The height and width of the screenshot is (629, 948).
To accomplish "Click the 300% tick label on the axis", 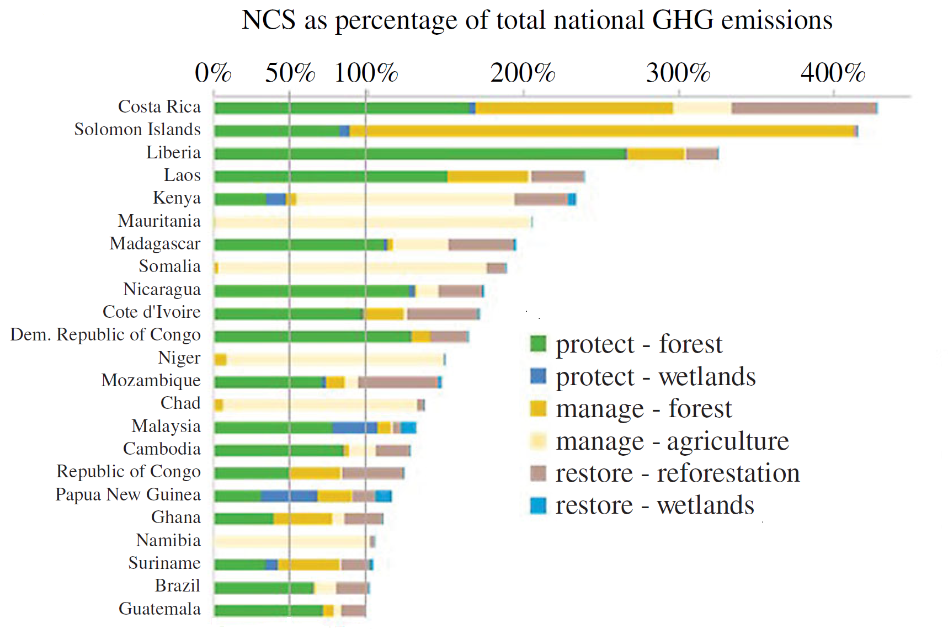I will [678, 73].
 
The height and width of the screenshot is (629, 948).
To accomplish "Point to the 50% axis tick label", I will [290, 73].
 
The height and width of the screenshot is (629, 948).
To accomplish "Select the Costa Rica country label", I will [159, 106].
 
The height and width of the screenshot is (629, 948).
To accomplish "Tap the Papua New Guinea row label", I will [127, 494].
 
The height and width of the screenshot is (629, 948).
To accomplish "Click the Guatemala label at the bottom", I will [159, 609].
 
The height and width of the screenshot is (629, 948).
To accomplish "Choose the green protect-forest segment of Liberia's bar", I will [419, 154].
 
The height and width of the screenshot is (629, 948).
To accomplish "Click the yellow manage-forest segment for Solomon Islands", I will [601, 131].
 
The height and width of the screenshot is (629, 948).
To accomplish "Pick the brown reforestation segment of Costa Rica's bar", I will [803, 108].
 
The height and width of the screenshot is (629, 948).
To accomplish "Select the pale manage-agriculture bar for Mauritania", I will [372, 222].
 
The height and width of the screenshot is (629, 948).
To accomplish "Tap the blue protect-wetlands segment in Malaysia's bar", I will [354, 428].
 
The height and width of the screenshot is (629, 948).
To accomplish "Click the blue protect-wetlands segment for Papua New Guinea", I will [289, 496].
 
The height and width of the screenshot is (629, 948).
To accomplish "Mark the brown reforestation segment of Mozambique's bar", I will [397, 382].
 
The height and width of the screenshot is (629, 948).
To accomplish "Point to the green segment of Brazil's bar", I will [264, 588].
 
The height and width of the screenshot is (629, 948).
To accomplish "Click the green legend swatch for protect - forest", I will [537, 344].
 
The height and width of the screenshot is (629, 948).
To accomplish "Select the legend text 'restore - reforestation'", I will [677, 473].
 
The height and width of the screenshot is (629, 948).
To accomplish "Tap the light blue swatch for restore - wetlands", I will [537, 505].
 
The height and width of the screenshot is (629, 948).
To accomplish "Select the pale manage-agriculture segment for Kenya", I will [405, 199].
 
